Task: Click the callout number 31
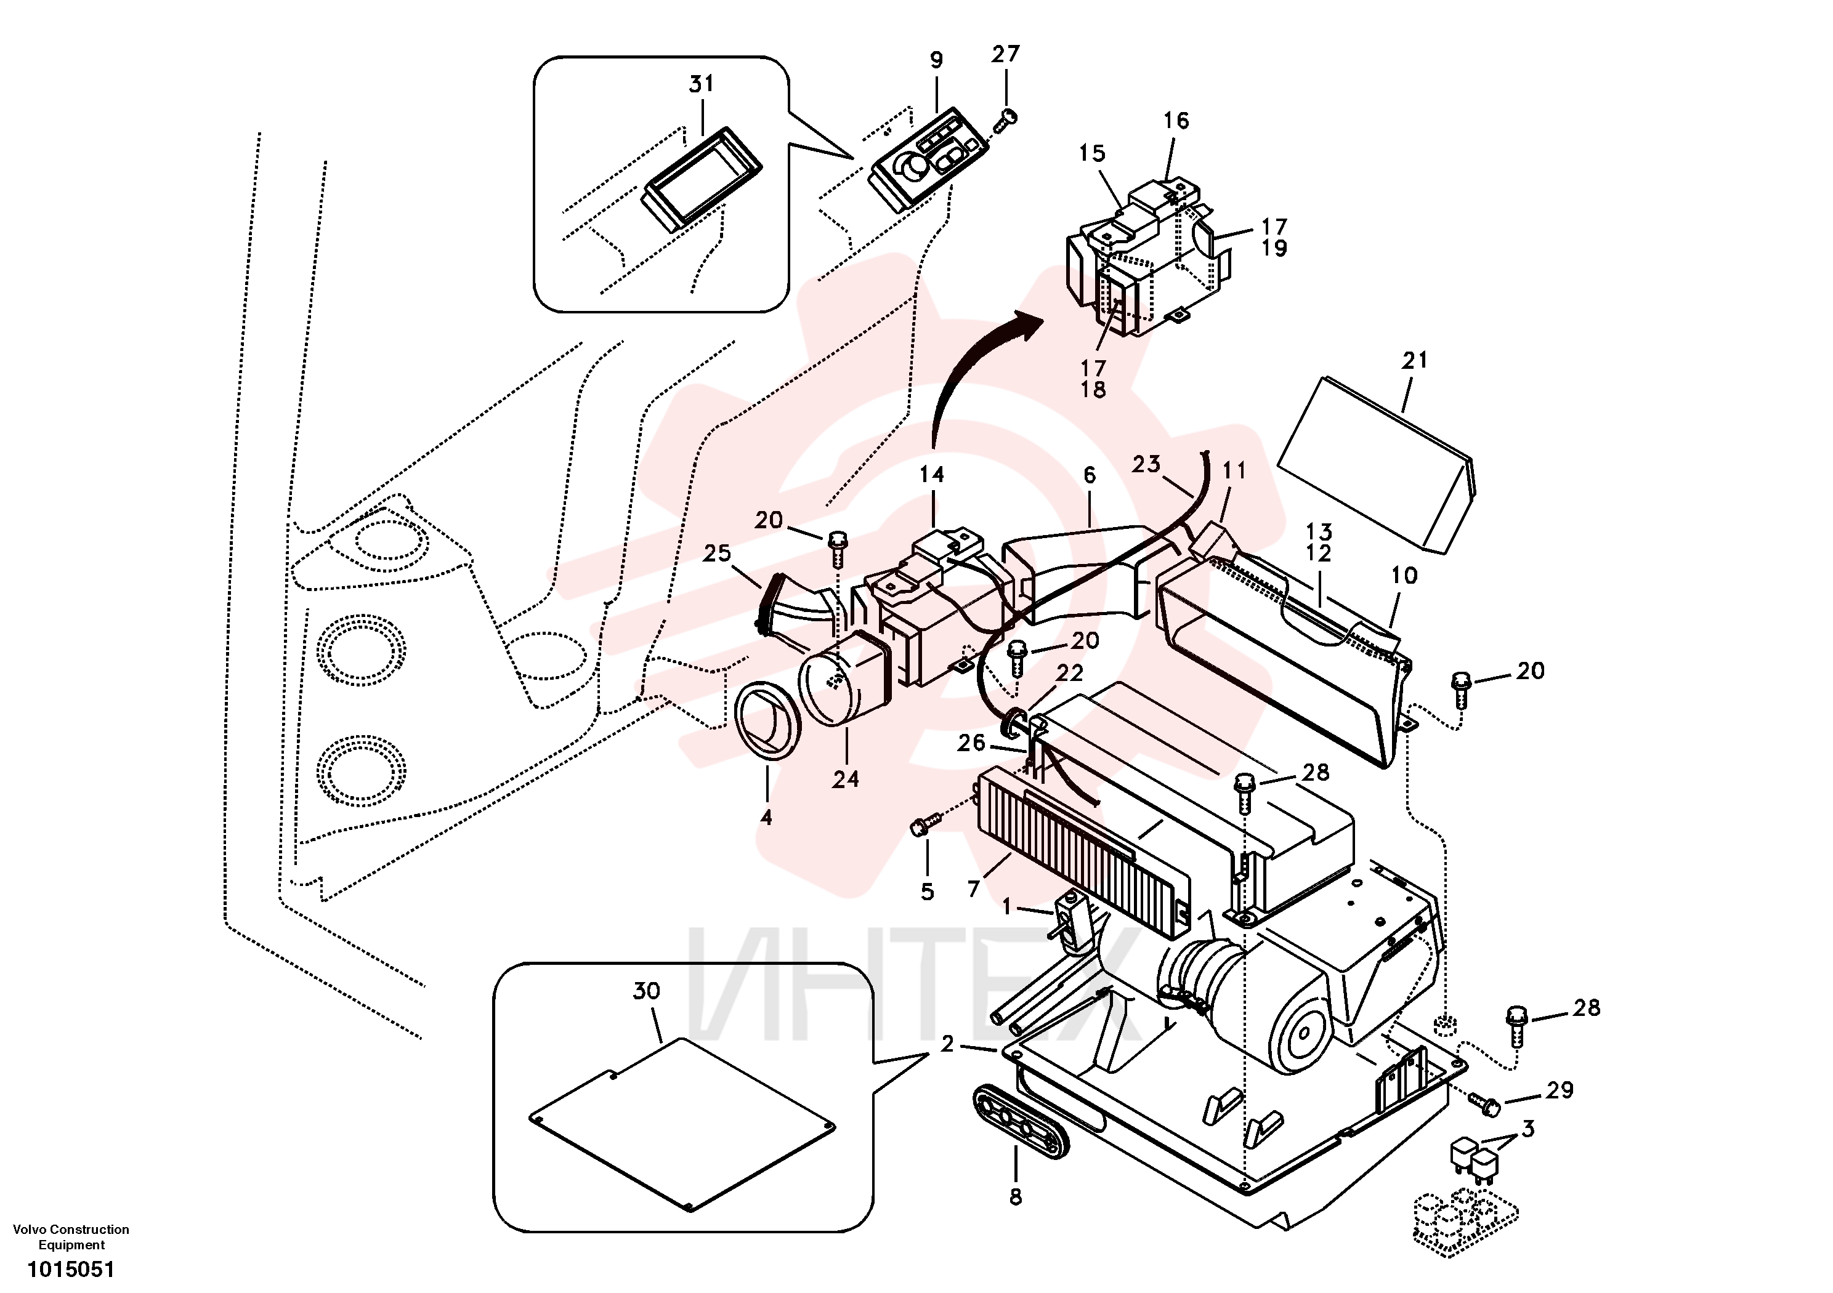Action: (x=701, y=83)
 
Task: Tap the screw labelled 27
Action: (x=1005, y=122)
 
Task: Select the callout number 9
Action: (x=936, y=60)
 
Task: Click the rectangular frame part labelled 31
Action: (x=702, y=180)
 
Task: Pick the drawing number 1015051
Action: (x=71, y=1269)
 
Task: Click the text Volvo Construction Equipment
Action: (x=71, y=1236)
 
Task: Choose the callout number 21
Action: (x=1415, y=361)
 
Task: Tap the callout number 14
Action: (x=932, y=475)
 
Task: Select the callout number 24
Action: (x=846, y=779)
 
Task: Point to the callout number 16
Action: (x=1176, y=121)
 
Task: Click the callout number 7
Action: (x=973, y=889)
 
